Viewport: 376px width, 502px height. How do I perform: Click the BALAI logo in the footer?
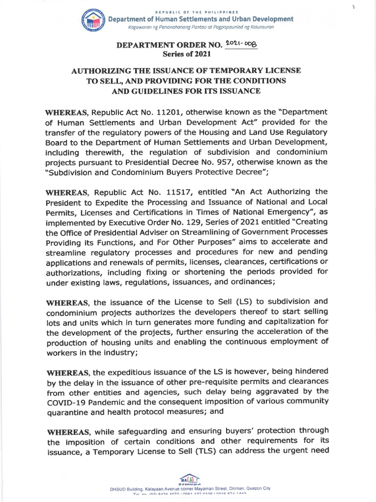[188, 478]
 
